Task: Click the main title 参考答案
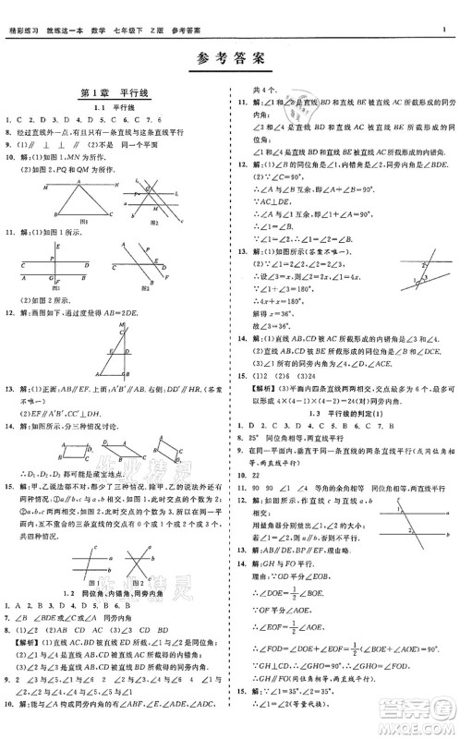click(230, 59)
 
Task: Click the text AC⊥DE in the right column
click(265, 200)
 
